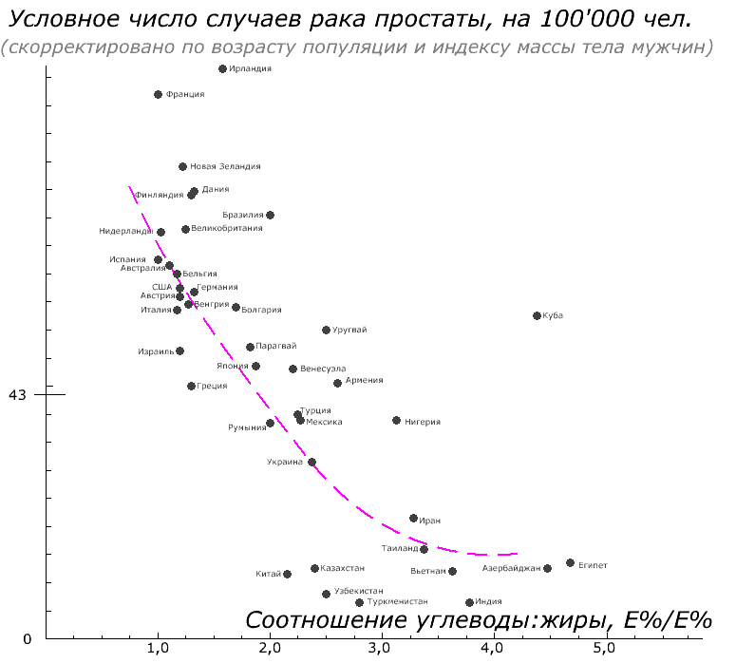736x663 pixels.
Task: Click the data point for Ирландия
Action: [222, 68]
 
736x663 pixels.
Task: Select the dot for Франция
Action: [158, 94]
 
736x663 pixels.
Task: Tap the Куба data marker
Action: [537, 315]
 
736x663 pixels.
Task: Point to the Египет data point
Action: [570, 563]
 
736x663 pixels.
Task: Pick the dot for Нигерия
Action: [396, 420]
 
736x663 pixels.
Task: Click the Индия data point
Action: [469, 602]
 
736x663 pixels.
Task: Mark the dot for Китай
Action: [287, 574]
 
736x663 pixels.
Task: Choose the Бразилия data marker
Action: [270, 215]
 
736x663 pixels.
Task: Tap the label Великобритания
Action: [227, 228]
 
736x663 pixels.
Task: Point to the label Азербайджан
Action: [511, 568]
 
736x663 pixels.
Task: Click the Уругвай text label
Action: [350, 330]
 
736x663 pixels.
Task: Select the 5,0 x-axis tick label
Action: [603, 649]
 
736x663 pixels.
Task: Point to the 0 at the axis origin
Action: [27, 639]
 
